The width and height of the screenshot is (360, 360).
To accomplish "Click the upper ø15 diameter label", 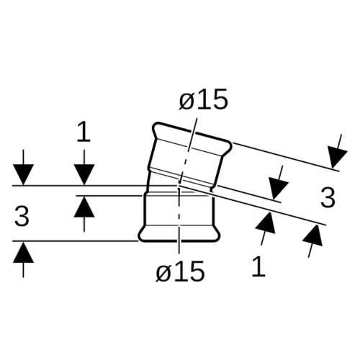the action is (203, 99).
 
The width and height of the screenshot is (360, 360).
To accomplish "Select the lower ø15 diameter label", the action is (180, 271).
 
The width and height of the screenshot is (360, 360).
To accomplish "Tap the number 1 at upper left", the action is (84, 132).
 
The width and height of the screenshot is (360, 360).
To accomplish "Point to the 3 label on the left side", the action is (22, 217).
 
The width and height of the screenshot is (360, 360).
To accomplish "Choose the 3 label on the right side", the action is (328, 197).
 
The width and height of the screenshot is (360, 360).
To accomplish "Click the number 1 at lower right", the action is (258, 266).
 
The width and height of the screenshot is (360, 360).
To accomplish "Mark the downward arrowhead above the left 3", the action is (23, 175).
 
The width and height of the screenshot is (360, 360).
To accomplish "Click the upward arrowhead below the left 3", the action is (23, 252).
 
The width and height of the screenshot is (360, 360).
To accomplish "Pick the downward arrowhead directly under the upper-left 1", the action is (84, 175).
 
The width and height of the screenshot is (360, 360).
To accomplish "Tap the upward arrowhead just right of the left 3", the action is (84, 207).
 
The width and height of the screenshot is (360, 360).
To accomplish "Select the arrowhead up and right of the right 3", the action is (336, 158).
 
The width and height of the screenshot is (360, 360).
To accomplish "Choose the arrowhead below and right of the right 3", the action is (313, 235).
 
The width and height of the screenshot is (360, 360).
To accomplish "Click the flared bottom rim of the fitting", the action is (179, 233).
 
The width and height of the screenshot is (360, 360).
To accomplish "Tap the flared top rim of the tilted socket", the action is (192, 136).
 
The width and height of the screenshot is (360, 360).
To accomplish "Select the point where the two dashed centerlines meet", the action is (179, 186).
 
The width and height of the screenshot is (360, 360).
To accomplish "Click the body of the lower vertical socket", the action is (179, 210).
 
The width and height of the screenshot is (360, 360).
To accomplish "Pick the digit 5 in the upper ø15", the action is (219, 99).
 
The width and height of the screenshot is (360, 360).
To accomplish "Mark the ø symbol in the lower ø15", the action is (164, 273).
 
